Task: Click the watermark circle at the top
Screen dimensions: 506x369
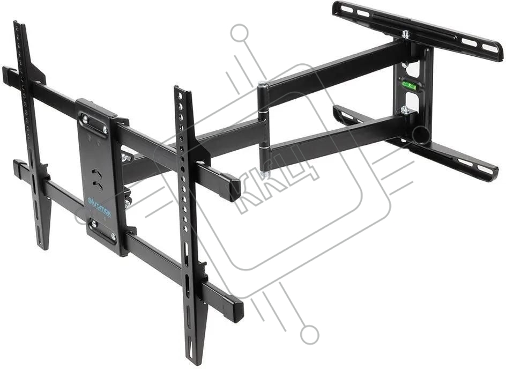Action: pyautogui.click(x=240, y=33)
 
